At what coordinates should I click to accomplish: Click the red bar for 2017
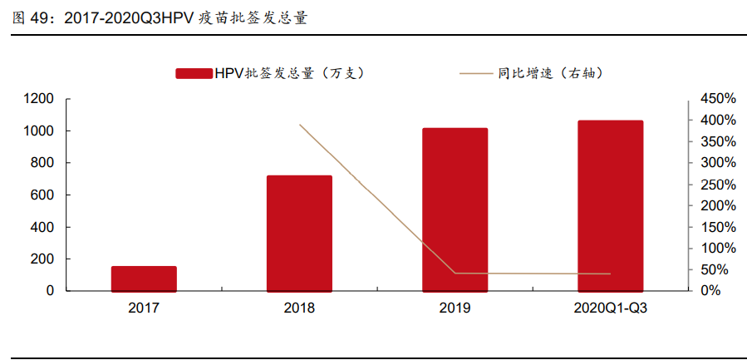144,279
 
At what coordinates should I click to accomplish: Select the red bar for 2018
299,234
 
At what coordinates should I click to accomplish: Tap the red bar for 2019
455,210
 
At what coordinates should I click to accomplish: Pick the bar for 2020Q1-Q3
610,206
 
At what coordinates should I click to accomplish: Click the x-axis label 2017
144,308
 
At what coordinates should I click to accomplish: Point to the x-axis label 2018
299,308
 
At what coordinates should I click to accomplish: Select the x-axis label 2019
455,308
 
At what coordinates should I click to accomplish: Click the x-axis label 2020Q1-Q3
610,308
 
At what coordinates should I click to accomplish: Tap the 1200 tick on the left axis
39,99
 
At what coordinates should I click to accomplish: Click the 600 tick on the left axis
42,195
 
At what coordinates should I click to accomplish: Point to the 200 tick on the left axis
42,259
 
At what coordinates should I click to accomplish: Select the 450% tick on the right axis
717,99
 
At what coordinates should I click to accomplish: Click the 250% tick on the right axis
717,185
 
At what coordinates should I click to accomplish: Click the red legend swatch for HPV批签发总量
193,74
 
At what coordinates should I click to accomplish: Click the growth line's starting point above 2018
299,125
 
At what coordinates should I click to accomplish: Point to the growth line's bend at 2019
455,273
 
